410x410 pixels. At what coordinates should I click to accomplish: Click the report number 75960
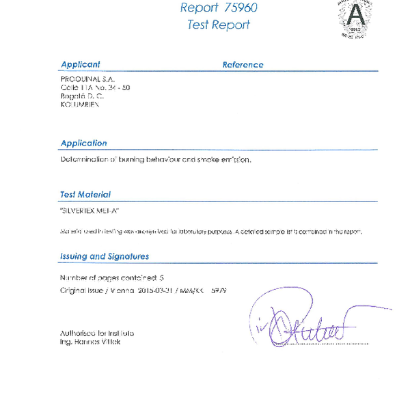[x=234, y=8]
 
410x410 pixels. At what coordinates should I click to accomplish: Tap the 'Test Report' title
[x=218, y=25]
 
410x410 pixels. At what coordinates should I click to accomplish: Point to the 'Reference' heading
[x=243, y=65]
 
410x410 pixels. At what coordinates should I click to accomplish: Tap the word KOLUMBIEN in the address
[x=80, y=105]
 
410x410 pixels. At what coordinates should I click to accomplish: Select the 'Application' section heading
[x=83, y=143]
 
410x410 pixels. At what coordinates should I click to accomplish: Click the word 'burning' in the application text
[x=135, y=159]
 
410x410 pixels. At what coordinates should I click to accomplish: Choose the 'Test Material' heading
[x=85, y=195]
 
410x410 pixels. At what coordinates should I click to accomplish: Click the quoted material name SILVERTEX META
[x=90, y=212]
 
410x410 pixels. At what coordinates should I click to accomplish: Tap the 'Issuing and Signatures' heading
[x=105, y=256]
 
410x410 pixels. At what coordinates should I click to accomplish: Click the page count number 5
[x=161, y=278]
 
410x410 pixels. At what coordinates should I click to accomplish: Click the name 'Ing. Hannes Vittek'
[x=90, y=342]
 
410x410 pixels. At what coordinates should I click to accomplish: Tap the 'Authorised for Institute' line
[x=97, y=333]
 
